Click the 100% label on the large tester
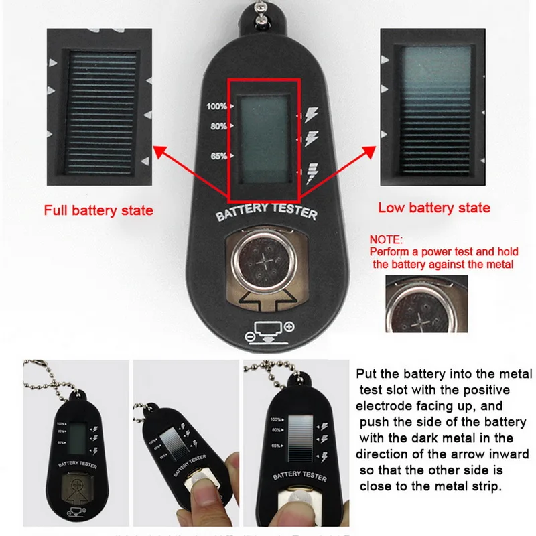(x=216, y=106)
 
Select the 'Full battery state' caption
(x=98, y=210)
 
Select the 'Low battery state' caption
(x=433, y=208)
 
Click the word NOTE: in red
(x=387, y=239)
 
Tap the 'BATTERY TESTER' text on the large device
(x=267, y=212)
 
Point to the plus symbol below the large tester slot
(x=289, y=326)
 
